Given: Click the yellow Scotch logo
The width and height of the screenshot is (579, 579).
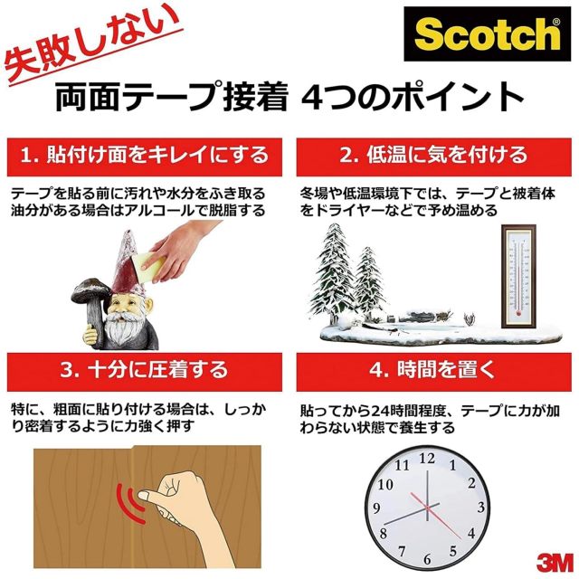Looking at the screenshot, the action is point(488,34).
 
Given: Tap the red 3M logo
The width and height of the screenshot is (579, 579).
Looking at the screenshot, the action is point(555,563).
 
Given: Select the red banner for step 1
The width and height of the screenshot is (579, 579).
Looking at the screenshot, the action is point(145,157).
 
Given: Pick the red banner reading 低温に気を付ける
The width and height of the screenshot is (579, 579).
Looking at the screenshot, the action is point(434,157).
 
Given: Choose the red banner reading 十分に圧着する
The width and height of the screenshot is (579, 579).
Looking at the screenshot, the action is point(145,372).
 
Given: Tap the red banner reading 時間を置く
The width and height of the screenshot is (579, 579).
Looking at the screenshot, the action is point(434,372).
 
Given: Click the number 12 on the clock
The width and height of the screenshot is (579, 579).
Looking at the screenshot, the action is point(427,459).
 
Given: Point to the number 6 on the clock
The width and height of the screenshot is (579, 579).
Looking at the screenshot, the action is point(427,559).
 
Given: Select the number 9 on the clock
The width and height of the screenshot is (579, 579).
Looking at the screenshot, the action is point(376,508).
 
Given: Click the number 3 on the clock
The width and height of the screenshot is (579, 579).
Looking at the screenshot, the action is point(480,508).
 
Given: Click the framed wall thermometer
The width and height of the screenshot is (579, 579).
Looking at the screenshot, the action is point(518,276).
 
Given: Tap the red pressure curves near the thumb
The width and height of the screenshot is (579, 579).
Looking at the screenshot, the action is point(130,503).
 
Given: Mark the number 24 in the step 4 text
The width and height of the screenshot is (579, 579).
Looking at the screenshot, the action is point(380,411).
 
